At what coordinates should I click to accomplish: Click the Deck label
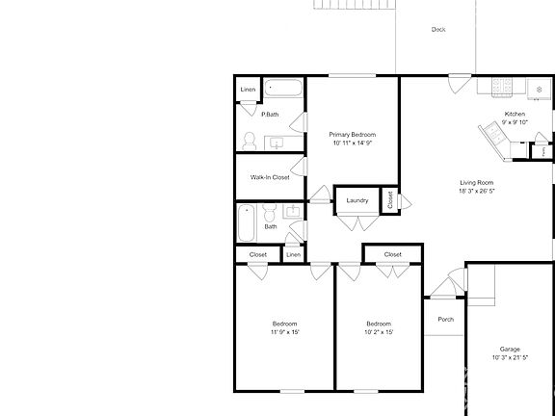click(438, 30)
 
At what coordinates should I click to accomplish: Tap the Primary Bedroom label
click(352, 134)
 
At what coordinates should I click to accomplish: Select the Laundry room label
click(357, 200)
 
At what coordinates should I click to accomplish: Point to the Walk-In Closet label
click(270, 177)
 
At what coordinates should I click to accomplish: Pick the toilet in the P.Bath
click(248, 141)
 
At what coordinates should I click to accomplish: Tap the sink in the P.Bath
click(277, 143)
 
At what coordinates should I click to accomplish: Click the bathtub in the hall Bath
click(247, 222)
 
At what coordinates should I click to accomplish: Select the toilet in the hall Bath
click(271, 211)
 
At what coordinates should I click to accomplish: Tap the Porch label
click(445, 320)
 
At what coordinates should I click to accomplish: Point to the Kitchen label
click(515, 115)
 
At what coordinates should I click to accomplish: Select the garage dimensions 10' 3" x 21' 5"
click(510, 357)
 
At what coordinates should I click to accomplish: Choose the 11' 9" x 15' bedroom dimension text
click(284, 331)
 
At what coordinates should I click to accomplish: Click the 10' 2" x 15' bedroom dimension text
click(379, 331)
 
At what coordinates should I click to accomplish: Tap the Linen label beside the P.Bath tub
click(249, 90)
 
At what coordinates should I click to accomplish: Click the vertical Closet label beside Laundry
click(390, 200)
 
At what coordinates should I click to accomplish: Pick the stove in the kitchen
click(502, 87)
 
